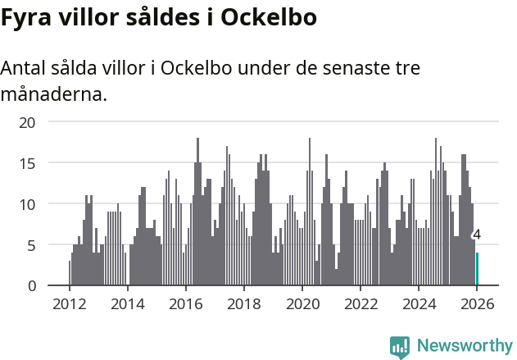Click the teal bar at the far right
pyautogui.click(x=477, y=269)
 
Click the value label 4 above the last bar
pyautogui.click(x=477, y=235)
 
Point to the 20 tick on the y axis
pyautogui.click(x=28, y=122)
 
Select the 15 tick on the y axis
pyautogui.click(x=28, y=163)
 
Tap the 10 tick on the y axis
pyautogui.click(x=28, y=204)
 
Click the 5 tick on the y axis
pyautogui.click(x=31, y=245)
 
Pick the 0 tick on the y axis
pyautogui.click(x=31, y=286)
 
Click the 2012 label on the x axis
pyautogui.click(x=69, y=303)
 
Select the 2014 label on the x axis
pyautogui.click(x=127, y=303)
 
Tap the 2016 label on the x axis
pyautogui.click(x=185, y=303)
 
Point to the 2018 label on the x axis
pyautogui.click(x=243, y=303)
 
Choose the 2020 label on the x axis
pyautogui.click(x=302, y=303)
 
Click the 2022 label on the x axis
pyautogui.click(x=361, y=303)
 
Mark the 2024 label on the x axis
pyautogui.click(x=419, y=303)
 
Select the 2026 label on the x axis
pyautogui.click(x=477, y=303)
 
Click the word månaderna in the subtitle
pyautogui.click(x=53, y=94)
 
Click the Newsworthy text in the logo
pyautogui.click(x=464, y=346)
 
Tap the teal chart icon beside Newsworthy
pyautogui.click(x=400, y=347)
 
